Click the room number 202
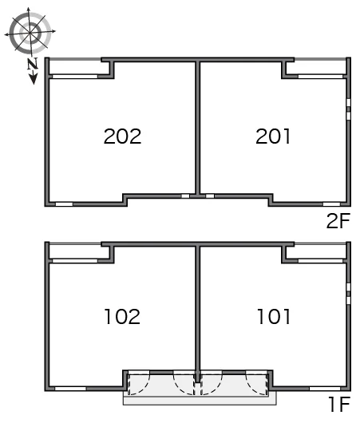(122, 136)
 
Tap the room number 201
(273, 136)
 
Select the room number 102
(122, 316)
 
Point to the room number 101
(274, 316)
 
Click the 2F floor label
(338, 220)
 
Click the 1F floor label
(339, 404)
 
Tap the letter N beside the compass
(33, 64)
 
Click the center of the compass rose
(30, 32)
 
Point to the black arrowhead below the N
(34, 79)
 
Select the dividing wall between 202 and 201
(198, 128)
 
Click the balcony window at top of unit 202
(75, 77)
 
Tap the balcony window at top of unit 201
(320, 77)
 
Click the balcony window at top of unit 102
(75, 261)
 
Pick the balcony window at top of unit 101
(320, 261)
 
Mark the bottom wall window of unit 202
(64, 204)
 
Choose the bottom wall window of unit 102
(70, 389)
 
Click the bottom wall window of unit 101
(325, 389)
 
